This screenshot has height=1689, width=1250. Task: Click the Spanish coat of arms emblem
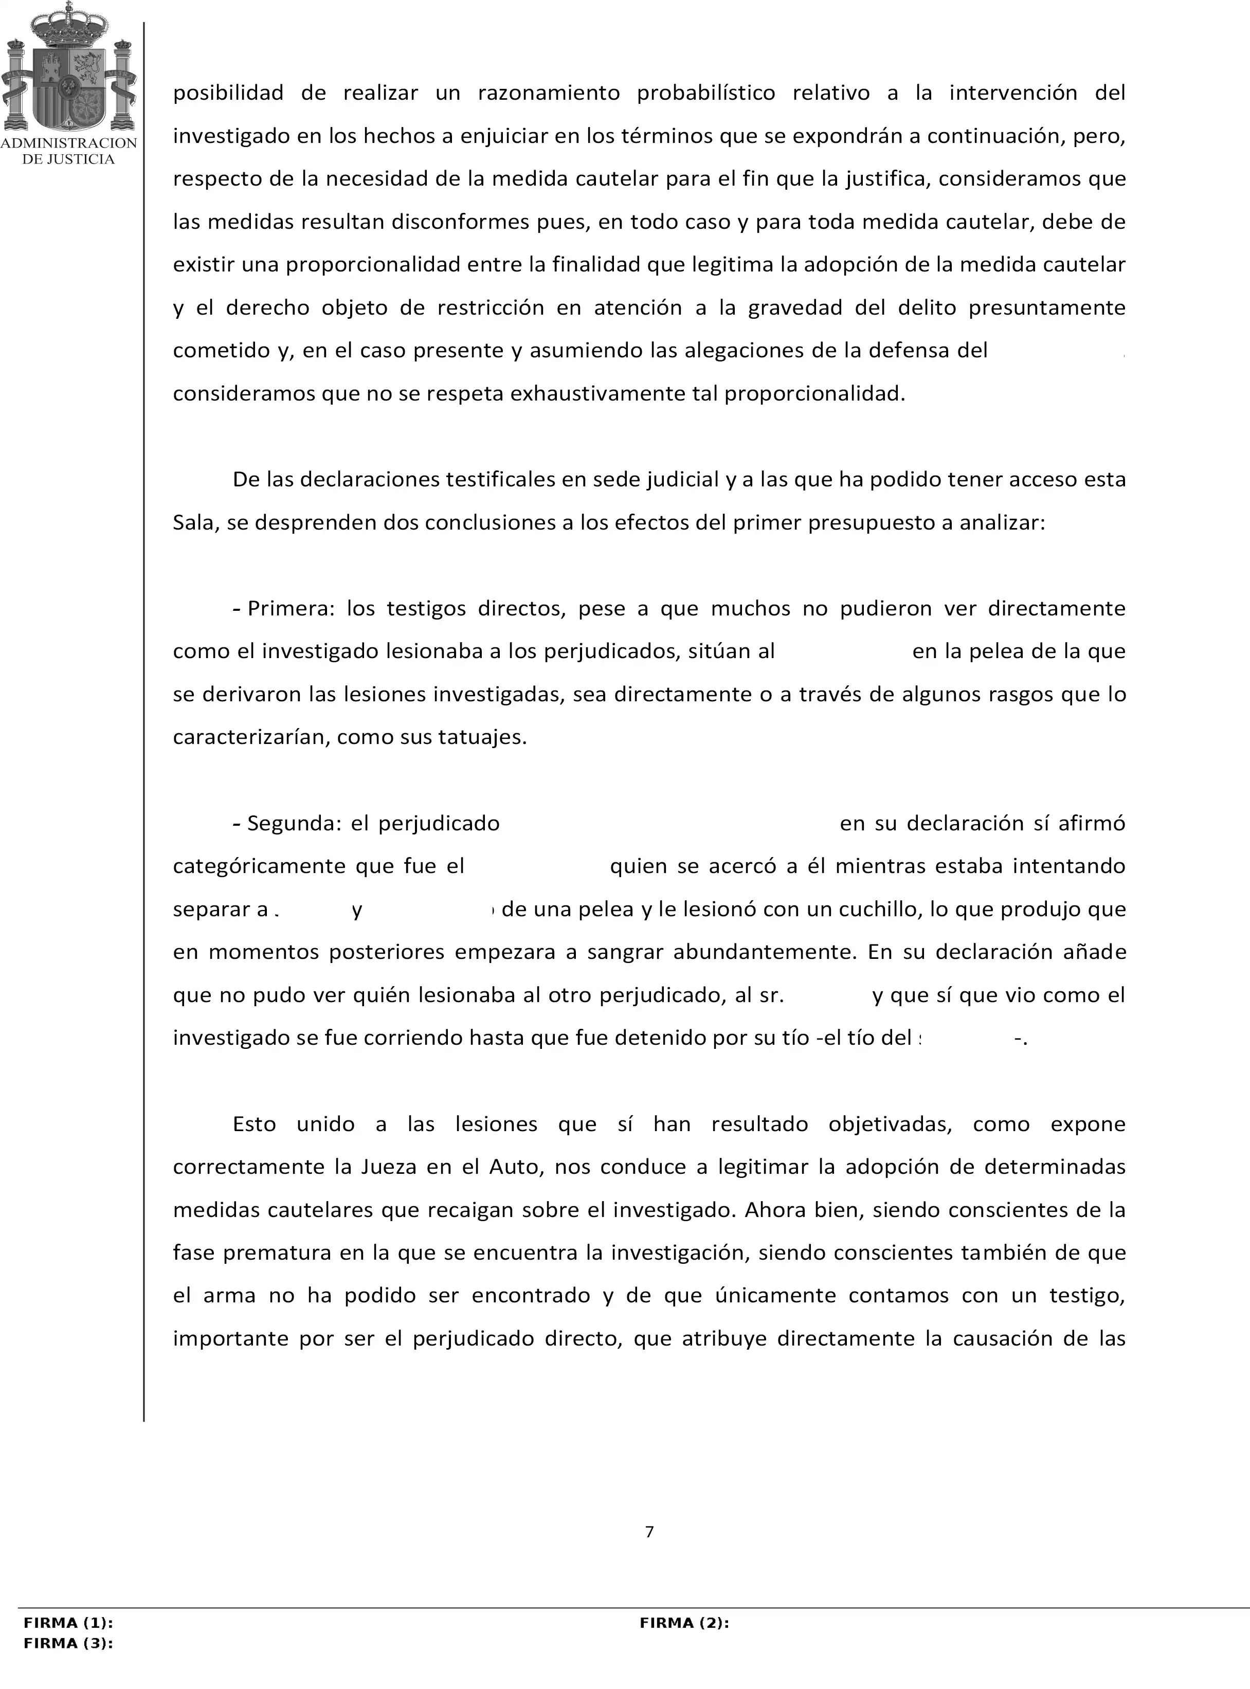pos(69,68)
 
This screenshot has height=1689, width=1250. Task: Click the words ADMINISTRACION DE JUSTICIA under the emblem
pos(69,151)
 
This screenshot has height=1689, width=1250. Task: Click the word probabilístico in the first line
pos(706,93)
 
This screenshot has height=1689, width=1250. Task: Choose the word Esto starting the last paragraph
pos(254,1124)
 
